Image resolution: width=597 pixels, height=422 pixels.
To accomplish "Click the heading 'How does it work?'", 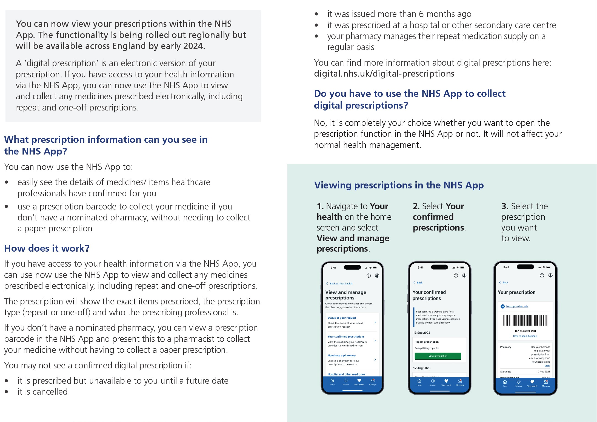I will tap(47, 248).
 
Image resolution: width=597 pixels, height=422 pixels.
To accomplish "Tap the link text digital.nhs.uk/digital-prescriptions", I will tap(384, 74).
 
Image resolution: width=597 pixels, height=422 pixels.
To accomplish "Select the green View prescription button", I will tap(438, 356).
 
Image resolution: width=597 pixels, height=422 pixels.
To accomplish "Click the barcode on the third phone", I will tap(525, 320).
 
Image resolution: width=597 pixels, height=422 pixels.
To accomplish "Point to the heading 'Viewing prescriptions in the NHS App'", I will tap(399, 185).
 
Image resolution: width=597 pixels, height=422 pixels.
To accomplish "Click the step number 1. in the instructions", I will tap(320, 206).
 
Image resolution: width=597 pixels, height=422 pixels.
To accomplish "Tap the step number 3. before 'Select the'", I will tap(505, 206).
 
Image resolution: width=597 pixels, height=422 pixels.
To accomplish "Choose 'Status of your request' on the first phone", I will tap(342, 318).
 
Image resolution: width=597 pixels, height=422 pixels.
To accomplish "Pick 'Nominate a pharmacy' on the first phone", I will tap(341, 356).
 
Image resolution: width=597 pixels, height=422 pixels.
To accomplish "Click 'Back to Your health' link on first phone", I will tap(341, 284).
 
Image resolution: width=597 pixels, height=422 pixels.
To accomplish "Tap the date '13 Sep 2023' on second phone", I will tap(421, 333).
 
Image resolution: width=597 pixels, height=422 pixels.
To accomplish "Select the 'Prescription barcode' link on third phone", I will tap(517, 306).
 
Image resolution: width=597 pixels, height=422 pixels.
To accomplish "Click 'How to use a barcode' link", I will tap(525, 336).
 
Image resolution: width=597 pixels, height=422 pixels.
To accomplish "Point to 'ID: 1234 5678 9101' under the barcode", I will tap(525, 331).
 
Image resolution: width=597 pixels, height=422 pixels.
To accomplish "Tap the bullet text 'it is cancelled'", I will tap(42, 392).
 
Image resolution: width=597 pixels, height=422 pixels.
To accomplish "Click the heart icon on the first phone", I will tap(359, 380).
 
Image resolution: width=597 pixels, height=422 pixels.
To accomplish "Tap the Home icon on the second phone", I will tap(419, 381).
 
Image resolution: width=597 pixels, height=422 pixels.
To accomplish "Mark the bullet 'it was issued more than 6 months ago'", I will tap(399, 14).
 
